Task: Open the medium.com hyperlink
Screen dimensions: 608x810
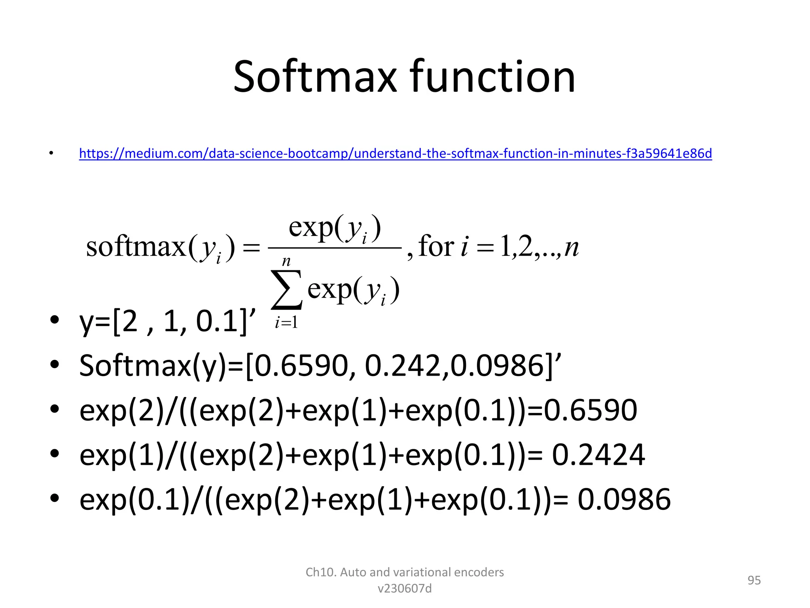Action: click(x=396, y=153)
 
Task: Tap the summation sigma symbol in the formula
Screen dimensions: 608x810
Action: click(x=286, y=289)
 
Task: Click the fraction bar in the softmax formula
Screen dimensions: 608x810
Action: click(x=335, y=248)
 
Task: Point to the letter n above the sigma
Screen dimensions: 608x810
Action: click(x=286, y=261)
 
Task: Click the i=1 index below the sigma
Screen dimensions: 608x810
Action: click(x=286, y=323)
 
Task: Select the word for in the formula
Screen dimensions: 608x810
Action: click(x=436, y=246)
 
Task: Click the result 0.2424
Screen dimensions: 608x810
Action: click(x=598, y=455)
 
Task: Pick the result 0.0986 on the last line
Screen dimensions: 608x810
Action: click(x=624, y=500)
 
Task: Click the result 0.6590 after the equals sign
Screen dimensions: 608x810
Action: click(x=590, y=410)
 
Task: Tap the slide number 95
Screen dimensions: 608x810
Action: click(x=754, y=580)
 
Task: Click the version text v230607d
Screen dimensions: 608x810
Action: click(x=405, y=589)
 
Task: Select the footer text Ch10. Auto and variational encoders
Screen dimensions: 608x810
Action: click(x=405, y=572)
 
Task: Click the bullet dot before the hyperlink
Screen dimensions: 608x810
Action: click(x=51, y=153)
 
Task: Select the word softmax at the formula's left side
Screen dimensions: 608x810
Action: click(x=136, y=247)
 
